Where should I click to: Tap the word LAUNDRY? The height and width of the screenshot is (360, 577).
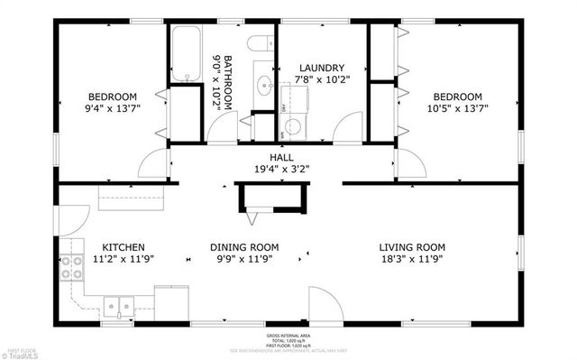322,68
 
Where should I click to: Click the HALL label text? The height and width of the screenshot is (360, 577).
282,157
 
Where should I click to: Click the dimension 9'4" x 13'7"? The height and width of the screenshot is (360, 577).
112,108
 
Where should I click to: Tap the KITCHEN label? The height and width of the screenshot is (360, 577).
124,247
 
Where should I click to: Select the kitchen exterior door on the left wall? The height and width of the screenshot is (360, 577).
72,218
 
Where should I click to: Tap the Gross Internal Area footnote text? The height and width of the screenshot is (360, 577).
288,339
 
